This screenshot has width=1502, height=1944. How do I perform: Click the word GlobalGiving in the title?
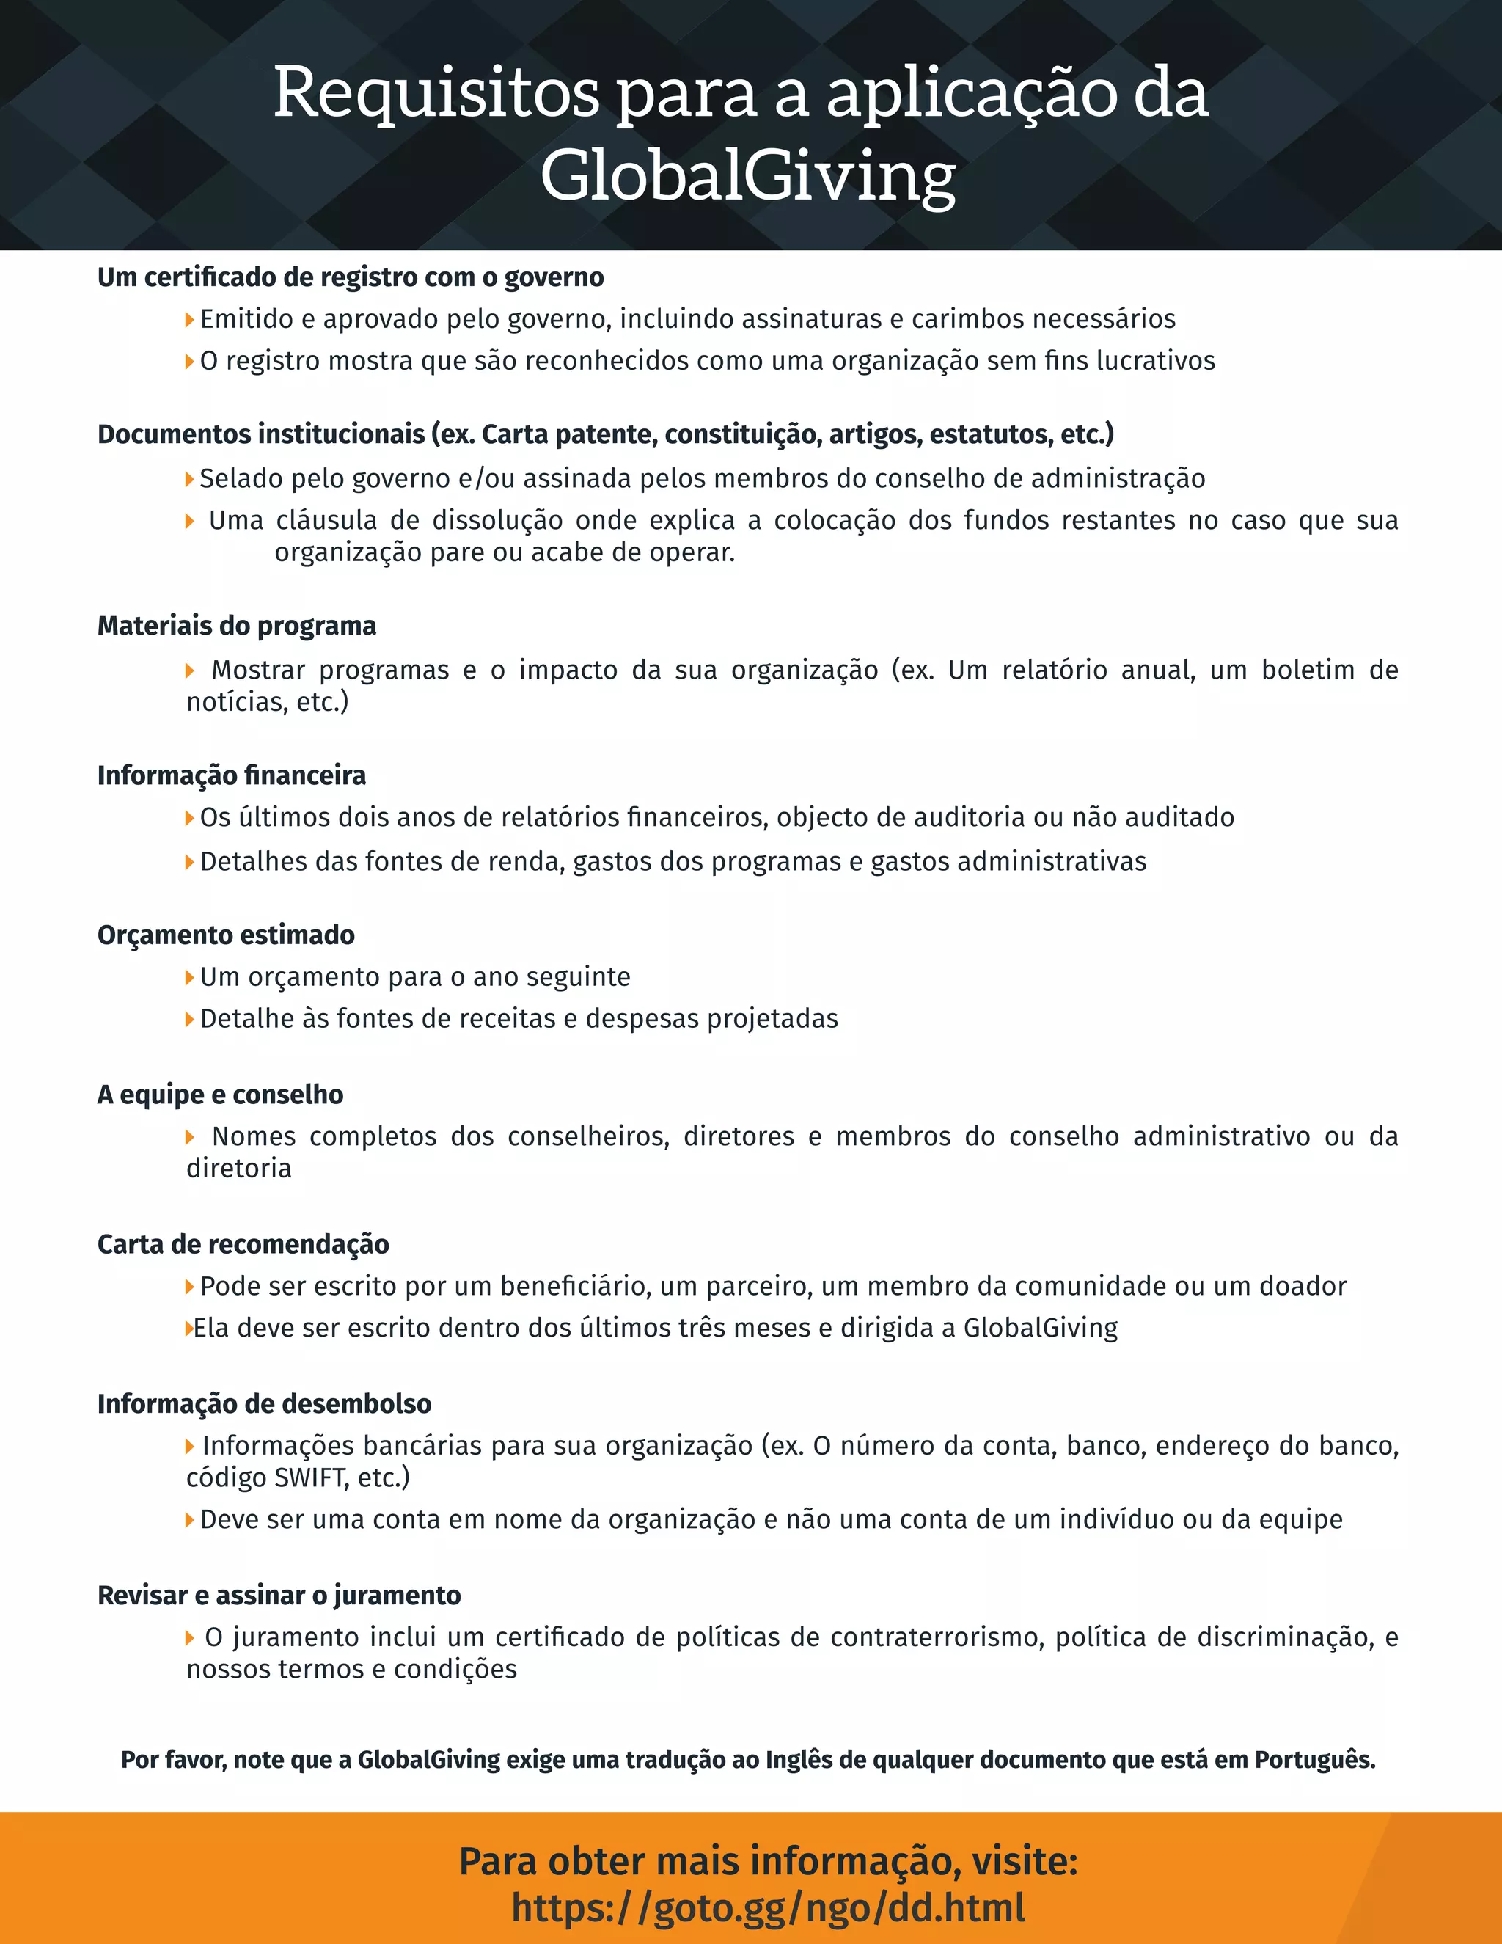point(747,175)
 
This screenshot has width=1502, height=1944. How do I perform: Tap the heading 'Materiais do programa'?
point(237,626)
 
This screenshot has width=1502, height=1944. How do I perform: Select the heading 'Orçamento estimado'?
point(226,935)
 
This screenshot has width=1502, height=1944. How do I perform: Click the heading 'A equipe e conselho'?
point(221,1094)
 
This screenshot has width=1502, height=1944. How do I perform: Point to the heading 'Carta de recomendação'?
point(243,1243)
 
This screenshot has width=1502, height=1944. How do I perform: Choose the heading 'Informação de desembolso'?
point(264,1403)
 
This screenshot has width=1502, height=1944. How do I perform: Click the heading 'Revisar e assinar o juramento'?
point(279,1595)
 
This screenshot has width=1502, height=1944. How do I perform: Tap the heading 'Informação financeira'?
point(231,775)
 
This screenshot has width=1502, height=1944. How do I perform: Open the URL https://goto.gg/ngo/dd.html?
point(768,1907)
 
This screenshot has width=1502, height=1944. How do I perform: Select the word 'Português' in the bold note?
point(1314,1760)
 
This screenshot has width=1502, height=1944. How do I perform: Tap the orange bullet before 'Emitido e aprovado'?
point(189,318)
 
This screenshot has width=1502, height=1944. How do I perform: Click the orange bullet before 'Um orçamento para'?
point(189,977)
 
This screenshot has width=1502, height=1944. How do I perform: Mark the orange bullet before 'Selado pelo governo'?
point(189,479)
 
